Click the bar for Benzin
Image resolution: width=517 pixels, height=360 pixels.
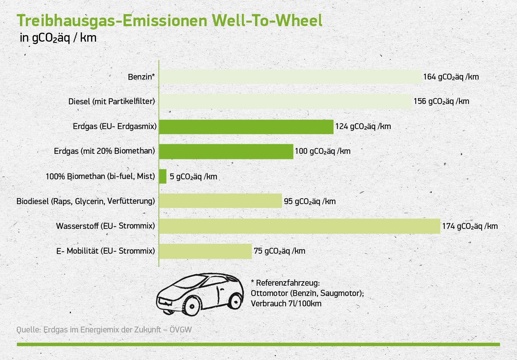click(x=291, y=77)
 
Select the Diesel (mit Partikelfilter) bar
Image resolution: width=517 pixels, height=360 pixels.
click(x=285, y=101)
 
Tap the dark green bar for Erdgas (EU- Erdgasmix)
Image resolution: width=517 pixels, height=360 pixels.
click(x=246, y=127)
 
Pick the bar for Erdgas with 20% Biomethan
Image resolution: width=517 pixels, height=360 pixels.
click(x=226, y=152)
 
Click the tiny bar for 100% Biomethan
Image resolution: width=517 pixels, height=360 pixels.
click(x=163, y=176)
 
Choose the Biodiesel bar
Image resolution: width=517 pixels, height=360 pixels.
click(x=220, y=201)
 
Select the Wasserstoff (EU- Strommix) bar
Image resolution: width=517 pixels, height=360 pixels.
click(x=299, y=226)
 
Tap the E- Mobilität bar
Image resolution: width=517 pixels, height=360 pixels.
click(x=205, y=251)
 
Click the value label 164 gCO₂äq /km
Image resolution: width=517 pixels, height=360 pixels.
click(x=451, y=77)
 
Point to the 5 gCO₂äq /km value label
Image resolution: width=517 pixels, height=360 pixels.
click(x=193, y=177)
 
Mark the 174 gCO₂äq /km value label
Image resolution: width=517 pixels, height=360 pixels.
click(x=470, y=226)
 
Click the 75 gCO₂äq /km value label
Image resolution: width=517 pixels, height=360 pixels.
click(x=279, y=251)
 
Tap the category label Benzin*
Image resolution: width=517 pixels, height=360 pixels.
click(x=141, y=77)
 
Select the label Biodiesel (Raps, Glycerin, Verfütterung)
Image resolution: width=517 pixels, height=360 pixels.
click(x=86, y=201)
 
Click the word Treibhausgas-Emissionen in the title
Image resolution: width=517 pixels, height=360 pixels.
click(x=112, y=21)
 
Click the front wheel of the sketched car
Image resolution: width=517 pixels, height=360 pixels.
click(x=192, y=306)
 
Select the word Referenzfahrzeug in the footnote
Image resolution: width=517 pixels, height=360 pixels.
click(x=288, y=283)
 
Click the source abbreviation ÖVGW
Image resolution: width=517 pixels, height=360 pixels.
click(x=180, y=329)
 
